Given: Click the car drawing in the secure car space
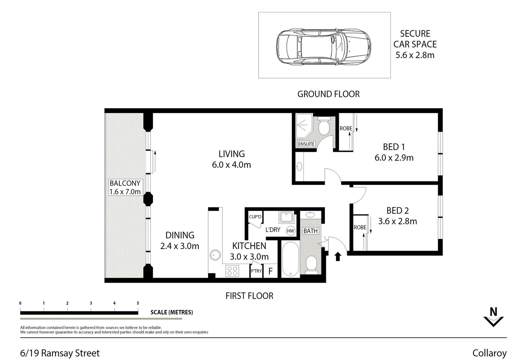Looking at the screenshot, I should click(323, 46).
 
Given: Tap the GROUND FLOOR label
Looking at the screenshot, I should click(328, 94).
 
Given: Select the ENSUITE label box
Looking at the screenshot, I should click(306, 144).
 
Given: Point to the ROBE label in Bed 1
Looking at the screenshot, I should click(346, 128).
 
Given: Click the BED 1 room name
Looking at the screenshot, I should click(394, 147).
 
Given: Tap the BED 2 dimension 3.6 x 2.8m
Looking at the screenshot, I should click(397, 221).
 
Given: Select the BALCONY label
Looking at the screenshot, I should click(125, 183).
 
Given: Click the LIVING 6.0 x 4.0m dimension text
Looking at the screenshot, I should click(231, 165).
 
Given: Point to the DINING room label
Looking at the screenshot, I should click(180, 235).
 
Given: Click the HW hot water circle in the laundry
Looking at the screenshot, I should click(290, 231).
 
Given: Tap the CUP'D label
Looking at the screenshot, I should click(255, 217).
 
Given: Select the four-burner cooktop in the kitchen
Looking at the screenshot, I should click(232, 271).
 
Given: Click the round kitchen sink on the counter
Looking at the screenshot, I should click(215, 255).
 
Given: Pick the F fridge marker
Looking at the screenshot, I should click(270, 271).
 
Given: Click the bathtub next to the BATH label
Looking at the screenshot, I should click(290, 259).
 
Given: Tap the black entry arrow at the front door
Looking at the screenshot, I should click(338, 256).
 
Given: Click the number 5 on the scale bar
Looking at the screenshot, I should click(138, 303).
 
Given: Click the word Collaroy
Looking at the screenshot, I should click(489, 353).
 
